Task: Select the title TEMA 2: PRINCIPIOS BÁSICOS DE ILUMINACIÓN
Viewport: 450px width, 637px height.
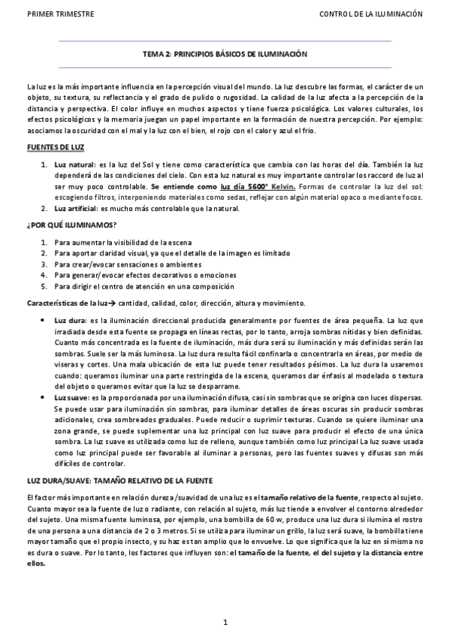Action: click(225, 55)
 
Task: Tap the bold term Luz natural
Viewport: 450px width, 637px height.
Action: click(74, 163)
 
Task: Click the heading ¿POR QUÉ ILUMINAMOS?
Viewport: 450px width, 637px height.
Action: click(71, 225)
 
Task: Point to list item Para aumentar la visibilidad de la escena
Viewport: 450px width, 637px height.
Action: click(122, 242)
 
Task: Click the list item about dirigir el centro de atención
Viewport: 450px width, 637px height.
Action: click(133, 286)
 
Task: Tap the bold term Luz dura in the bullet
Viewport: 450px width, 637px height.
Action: click(70, 321)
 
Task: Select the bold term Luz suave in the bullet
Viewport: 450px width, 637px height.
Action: click(71, 397)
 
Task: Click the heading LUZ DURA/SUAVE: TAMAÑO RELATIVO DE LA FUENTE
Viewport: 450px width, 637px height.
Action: click(119, 479)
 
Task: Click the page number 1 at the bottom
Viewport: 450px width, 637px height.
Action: click(225, 621)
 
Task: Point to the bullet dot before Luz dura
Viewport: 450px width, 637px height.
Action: click(42, 321)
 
